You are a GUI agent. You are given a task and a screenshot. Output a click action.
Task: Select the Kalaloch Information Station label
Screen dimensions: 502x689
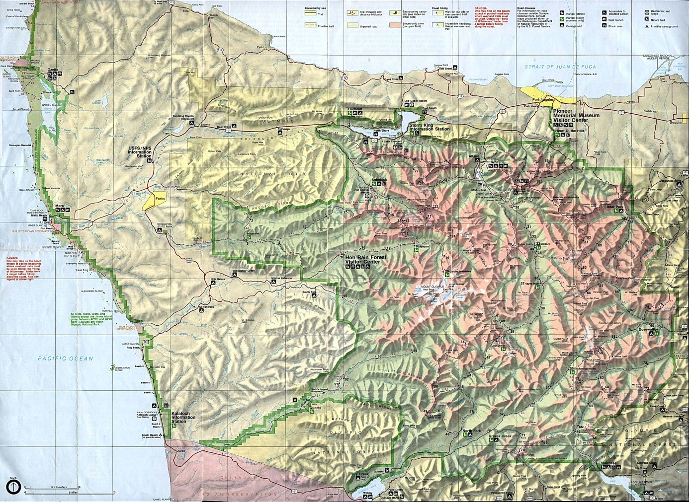[183, 418]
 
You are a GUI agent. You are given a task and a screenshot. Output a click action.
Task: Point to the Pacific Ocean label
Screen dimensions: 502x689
[65, 358]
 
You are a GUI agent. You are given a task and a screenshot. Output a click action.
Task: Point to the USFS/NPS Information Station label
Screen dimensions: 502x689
[140, 152]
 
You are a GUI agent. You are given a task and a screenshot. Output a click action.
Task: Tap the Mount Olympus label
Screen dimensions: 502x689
[431, 287]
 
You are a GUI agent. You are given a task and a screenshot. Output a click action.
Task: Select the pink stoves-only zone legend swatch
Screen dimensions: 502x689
[396, 24]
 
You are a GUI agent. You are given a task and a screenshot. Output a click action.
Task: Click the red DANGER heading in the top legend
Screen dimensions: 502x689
[480, 8]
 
